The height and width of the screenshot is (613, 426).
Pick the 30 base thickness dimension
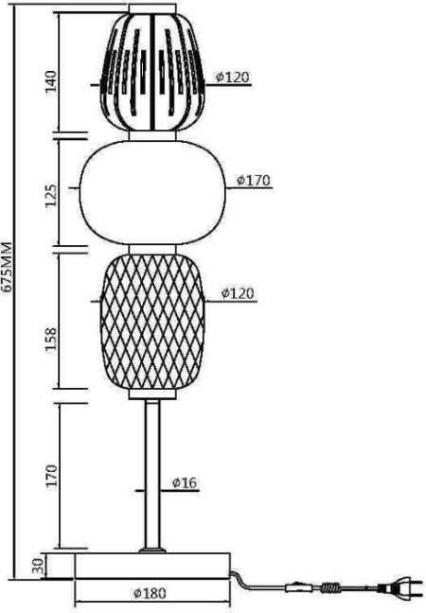tap(38, 566)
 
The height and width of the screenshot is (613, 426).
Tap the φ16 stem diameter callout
tap(185, 482)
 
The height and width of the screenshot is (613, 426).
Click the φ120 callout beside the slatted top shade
tap(232, 77)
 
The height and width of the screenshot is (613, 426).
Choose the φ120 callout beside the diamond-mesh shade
tap(238, 293)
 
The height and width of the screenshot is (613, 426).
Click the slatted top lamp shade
tap(151, 71)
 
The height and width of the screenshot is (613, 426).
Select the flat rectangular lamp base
tap(151, 566)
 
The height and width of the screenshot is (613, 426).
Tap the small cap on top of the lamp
tap(151, 9)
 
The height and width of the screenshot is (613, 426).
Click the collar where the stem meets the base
tap(151, 549)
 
